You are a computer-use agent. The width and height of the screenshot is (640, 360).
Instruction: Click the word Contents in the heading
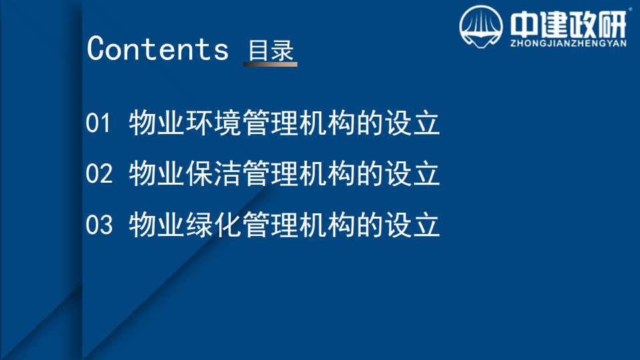(x=157, y=48)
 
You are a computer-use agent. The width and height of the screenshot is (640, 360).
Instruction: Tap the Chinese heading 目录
(x=271, y=50)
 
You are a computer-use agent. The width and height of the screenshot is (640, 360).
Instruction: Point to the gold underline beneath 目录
(x=270, y=64)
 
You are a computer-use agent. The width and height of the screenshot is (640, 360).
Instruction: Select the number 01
(x=99, y=123)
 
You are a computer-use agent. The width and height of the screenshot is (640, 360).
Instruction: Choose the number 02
(x=99, y=173)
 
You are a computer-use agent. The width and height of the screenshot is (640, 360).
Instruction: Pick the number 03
(x=99, y=225)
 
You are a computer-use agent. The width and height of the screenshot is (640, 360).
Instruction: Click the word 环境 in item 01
(x=213, y=123)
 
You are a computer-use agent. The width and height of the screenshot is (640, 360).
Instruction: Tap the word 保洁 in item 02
(x=213, y=173)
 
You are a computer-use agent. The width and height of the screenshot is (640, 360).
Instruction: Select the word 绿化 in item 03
(x=213, y=224)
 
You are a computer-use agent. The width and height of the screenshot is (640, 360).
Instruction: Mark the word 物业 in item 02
(x=156, y=173)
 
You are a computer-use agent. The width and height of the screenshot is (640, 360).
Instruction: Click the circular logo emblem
(x=481, y=27)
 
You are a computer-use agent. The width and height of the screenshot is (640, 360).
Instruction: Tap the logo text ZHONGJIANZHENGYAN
(x=569, y=43)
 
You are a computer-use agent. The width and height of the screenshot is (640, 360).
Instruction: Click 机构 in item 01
(x=327, y=123)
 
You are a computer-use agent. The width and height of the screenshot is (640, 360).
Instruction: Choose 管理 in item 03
(x=270, y=224)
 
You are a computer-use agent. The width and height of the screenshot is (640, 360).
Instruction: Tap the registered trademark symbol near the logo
(x=631, y=9)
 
